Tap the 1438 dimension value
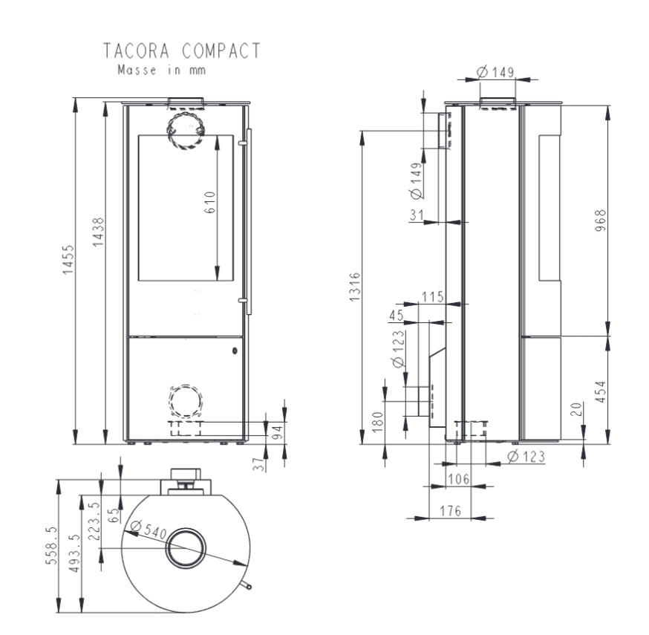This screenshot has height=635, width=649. coord(98,233)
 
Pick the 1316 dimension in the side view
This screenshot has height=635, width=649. coord(354,288)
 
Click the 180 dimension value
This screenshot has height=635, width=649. coord(377,423)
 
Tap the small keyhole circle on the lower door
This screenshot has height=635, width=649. coord(235,351)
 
